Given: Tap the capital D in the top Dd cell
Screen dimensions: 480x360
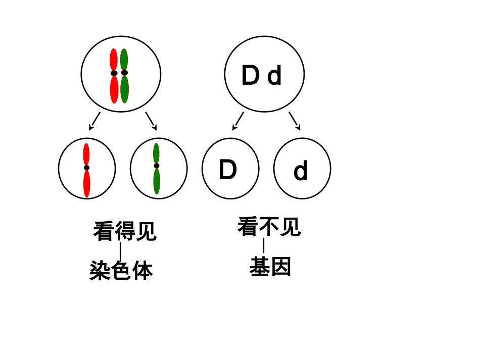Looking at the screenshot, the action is (250, 76).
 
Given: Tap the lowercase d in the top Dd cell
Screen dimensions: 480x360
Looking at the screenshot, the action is (274, 77).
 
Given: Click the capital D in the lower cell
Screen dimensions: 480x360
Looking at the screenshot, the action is (227, 170).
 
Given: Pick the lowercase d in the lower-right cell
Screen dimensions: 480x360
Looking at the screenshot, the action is (301, 172).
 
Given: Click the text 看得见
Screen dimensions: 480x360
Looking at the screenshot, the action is (125, 232).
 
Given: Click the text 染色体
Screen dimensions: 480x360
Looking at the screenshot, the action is (121, 271).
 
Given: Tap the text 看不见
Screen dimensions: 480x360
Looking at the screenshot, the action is (269, 227).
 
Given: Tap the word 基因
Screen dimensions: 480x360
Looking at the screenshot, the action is (270, 267).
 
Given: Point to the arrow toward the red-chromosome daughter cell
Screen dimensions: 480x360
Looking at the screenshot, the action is (94, 121).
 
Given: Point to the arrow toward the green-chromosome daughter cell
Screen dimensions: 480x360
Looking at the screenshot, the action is (151, 121).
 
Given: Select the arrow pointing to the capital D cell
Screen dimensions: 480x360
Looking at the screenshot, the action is (238, 121).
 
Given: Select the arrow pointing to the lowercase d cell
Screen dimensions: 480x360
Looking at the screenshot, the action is (295, 121).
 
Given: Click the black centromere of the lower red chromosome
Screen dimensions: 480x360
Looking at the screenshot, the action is (86, 168).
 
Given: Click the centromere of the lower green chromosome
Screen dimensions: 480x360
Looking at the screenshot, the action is (157, 166).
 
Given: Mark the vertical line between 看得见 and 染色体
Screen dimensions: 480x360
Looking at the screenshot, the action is (120, 251).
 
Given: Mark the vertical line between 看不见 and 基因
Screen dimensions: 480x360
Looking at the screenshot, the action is (263, 246).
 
